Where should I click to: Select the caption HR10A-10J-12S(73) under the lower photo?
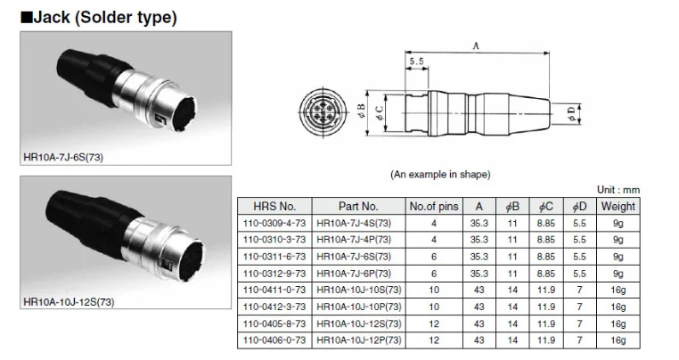tap(70, 302)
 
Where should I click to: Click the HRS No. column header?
tap(274, 207)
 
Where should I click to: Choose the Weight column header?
tap(618, 207)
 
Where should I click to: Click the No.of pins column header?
tap(434, 207)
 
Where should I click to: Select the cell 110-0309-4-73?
tap(274, 224)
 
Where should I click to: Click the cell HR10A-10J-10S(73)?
tap(356, 290)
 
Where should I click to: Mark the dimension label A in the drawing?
tap(476, 45)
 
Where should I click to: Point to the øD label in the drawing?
tap(571, 111)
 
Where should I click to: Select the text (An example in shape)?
tap(441, 174)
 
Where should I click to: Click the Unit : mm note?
tap(618, 191)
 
